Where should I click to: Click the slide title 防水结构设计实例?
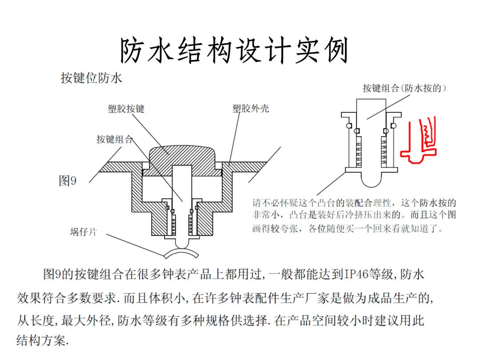pos(234,50)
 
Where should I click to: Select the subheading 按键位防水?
pos(91,79)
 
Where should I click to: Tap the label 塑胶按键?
pos(126,108)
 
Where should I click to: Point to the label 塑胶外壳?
pos(251,108)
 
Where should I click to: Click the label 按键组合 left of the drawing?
pos(115,139)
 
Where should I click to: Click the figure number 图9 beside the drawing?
pos(68,181)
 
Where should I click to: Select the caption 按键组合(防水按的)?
pos(404,88)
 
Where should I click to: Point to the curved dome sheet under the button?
pos(183,255)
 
